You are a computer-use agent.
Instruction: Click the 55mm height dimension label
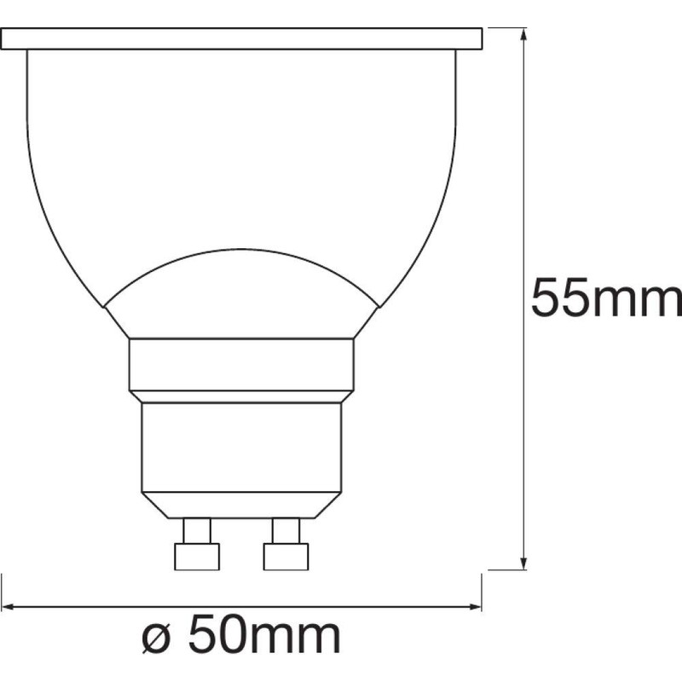(606, 298)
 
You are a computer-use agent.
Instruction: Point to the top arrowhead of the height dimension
(523, 34)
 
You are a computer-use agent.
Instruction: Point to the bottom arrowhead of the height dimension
(523, 563)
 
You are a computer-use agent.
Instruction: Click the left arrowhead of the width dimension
(9, 606)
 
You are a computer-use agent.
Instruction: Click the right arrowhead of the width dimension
(474, 606)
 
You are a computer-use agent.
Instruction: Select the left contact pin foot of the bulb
(197, 557)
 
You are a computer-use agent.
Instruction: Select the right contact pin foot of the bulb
(286, 557)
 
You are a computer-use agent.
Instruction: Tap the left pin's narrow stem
(197, 530)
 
